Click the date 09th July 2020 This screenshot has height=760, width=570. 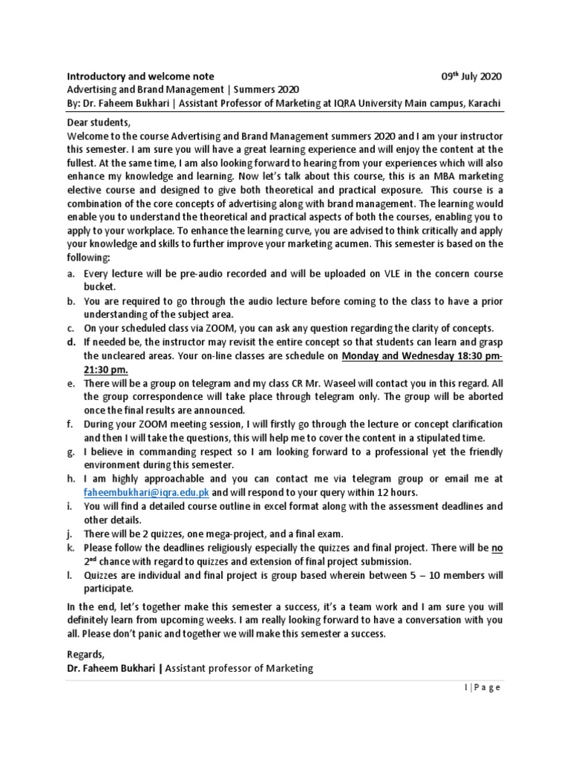471,76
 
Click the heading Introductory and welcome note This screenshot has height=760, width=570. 141,76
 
